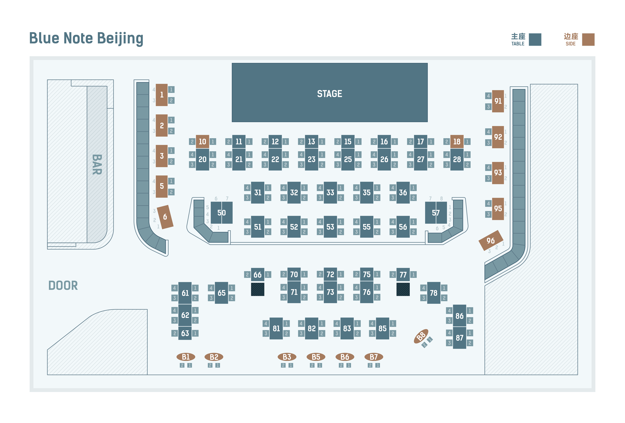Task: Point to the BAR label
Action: (x=97, y=165)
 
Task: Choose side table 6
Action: (x=165, y=217)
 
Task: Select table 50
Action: (x=222, y=213)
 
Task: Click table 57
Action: (x=436, y=213)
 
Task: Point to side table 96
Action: (x=491, y=241)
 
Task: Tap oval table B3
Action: (x=287, y=357)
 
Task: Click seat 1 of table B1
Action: (x=190, y=365)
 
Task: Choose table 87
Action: (x=460, y=338)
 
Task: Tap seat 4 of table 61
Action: (x=175, y=288)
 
